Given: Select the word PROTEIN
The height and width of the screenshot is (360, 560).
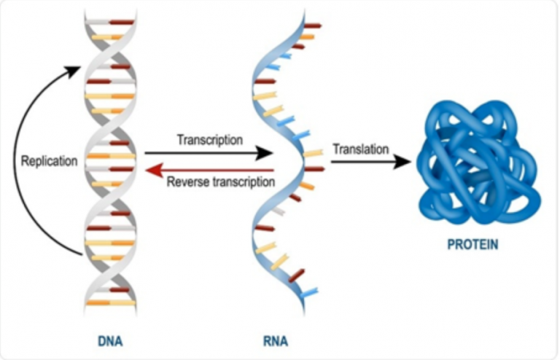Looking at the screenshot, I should point(472,245).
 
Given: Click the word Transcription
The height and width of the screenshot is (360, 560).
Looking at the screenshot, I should point(209,139).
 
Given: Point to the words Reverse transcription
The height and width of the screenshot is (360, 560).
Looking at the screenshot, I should point(220,181).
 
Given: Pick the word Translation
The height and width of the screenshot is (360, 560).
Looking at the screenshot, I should point(360,149).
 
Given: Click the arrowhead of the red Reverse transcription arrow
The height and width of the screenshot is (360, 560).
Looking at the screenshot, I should point(152,171).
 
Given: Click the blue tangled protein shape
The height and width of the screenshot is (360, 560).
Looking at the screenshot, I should point(478,164).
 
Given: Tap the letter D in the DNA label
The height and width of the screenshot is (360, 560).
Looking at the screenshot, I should point(101,340).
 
